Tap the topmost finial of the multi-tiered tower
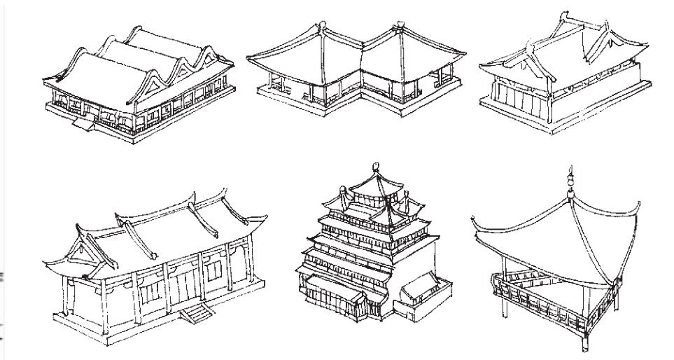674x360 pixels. coord(376,169)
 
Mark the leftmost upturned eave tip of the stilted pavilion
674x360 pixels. coord(476,226)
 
